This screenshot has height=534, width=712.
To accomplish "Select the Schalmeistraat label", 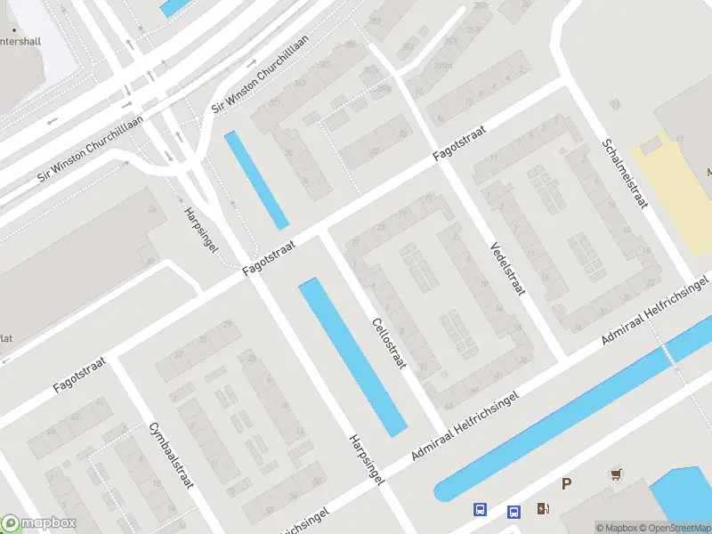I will [625, 174].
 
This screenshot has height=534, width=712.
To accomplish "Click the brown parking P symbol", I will [565, 484].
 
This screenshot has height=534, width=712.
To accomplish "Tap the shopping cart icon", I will [614, 474].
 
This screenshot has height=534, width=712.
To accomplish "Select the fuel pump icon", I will [543, 509].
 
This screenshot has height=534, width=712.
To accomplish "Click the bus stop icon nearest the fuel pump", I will [514, 512].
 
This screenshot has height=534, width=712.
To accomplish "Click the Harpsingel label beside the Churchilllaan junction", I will [200, 230].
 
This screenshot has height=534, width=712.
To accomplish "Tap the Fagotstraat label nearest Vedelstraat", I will [463, 142].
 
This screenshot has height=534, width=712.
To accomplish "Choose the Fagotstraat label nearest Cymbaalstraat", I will [78, 374].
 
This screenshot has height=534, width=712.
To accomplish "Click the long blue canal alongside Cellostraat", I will [352, 356].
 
